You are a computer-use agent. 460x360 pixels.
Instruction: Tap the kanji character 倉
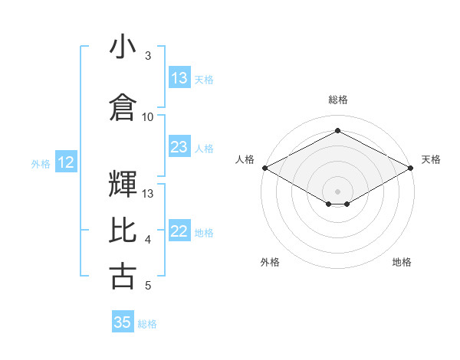[x=123, y=107]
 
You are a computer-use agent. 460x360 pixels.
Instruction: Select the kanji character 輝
[x=123, y=184]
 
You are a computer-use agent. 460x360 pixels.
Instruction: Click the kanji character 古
[x=123, y=276]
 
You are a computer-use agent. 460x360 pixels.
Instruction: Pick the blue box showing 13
[x=179, y=78]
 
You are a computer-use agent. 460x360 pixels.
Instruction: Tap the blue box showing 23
[x=179, y=147]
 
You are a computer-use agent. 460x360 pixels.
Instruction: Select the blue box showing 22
[x=179, y=232]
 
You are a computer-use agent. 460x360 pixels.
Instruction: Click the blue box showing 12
[x=66, y=162]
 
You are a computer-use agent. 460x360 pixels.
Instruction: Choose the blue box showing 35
[x=123, y=322]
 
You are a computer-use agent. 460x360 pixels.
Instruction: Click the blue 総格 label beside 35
[x=147, y=324]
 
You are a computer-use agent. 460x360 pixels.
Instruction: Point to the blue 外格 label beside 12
[x=41, y=163]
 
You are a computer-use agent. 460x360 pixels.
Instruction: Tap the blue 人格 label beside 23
[x=204, y=148]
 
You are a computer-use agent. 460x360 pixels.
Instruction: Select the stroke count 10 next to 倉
[x=148, y=116]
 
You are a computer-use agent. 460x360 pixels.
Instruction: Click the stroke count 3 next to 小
[x=148, y=56]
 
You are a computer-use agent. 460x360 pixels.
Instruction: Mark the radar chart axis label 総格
[x=337, y=100]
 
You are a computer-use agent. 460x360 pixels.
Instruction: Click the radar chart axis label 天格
[x=431, y=159]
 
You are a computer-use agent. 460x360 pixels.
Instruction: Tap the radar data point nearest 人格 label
[x=264, y=168]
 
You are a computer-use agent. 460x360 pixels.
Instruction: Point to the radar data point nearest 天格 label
[x=412, y=168]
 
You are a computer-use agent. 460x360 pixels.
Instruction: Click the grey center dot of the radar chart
[x=337, y=190]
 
